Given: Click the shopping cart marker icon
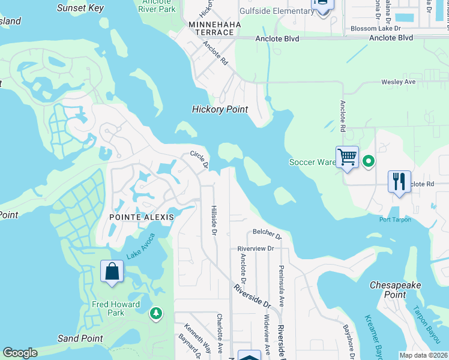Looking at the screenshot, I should [x=347, y=158].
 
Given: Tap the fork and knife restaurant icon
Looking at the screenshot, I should [x=399, y=181].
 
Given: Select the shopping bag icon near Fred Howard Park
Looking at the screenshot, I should [x=112, y=271].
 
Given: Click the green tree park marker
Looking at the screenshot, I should [x=156, y=313].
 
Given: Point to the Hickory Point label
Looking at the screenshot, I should [x=220, y=109].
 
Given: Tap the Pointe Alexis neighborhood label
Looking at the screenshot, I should [x=142, y=217].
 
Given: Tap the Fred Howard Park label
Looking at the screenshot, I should [x=108, y=308].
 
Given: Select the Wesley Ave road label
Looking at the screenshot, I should [x=399, y=82].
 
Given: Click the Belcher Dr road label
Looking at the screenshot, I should [x=267, y=232].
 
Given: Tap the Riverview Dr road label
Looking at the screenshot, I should [x=255, y=248].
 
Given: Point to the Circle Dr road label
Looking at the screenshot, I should [x=199, y=160].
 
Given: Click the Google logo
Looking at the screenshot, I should [x=19, y=353].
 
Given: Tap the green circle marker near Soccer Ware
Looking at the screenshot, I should [x=369, y=161].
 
